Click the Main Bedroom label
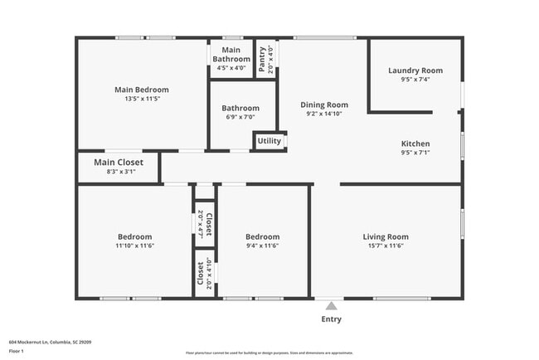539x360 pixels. [x=141, y=90]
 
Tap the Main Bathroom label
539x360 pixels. [x=231, y=55]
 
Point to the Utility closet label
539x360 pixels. [x=269, y=141]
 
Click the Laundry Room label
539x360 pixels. [x=415, y=71]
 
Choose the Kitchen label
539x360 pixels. [x=415, y=144]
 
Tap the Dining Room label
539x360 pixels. [x=323, y=105]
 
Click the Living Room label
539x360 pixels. [x=386, y=236]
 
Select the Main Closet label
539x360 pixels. [x=118, y=162]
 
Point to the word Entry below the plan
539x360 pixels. [x=330, y=319]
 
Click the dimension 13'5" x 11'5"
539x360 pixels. [x=141, y=99]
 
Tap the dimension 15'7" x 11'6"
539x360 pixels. [x=386, y=246]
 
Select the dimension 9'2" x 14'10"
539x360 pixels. [x=323, y=114]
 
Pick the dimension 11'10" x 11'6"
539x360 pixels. [x=135, y=246]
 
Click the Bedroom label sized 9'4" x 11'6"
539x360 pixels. [x=262, y=236]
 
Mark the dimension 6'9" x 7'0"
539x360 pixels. [x=240, y=117]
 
